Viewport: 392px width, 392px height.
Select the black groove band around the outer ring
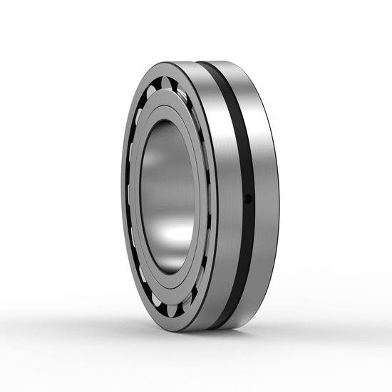point(239,143)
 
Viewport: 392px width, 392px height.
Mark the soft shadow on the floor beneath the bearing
point(214,342)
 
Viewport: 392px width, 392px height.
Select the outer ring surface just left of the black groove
point(221,192)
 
